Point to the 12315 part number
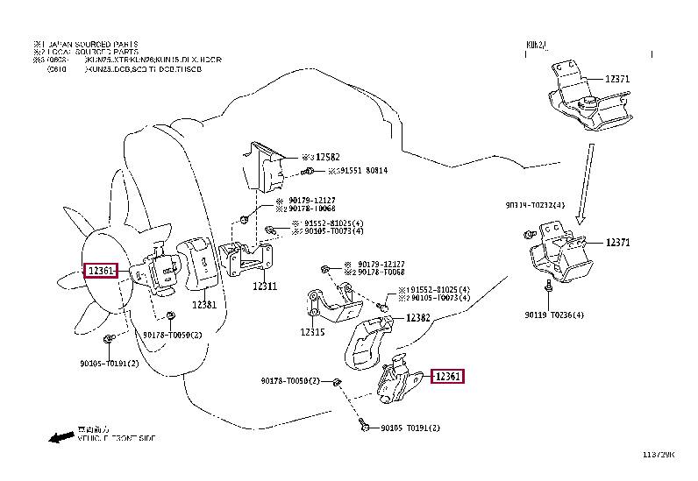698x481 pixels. [312, 333]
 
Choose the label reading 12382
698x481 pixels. [417, 318]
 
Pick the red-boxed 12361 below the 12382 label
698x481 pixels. [448, 377]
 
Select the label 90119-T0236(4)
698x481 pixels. [554, 314]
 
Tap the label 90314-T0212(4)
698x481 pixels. [535, 205]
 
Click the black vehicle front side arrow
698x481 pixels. [61, 436]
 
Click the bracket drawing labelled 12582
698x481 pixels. [265, 165]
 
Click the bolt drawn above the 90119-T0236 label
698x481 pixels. [546, 286]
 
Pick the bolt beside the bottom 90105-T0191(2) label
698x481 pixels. [364, 426]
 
